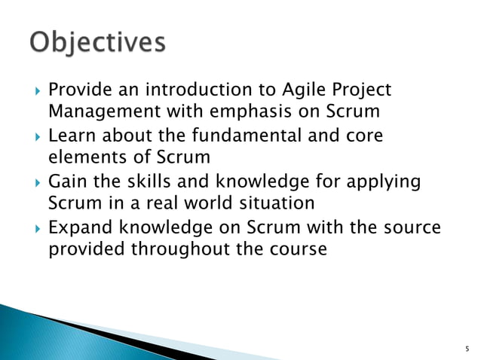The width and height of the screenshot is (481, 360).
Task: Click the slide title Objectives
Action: click(x=97, y=43)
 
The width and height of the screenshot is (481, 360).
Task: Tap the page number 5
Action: click(x=467, y=349)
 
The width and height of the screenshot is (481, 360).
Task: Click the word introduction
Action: click(x=185, y=91)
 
